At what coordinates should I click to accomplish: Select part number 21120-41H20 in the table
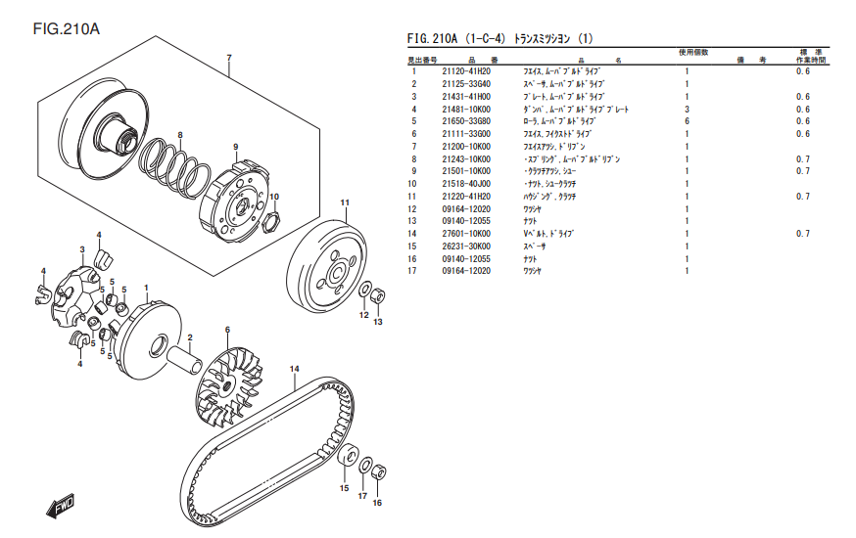point(465,71)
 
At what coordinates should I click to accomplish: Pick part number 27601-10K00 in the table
point(465,234)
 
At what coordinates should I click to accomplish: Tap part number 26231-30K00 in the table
point(465,247)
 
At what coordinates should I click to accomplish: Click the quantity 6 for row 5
point(687,121)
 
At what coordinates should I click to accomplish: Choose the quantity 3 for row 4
point(687,109)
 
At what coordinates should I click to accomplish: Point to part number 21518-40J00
point(465,184)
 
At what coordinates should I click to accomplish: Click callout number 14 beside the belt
point(293,368)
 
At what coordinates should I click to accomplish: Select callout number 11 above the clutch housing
point(345,202)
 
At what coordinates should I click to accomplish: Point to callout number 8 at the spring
point(180,134)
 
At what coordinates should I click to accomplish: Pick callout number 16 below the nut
point(377,503)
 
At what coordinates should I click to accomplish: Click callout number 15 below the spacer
point(344,487)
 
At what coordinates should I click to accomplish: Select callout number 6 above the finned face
point(226,331)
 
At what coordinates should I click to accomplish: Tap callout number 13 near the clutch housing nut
point(378,322)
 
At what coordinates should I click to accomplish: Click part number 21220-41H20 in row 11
point(465,197)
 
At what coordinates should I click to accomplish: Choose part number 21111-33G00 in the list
point(465,134)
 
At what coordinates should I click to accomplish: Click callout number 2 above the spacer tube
point(190,337)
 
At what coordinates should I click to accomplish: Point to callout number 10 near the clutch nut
point(274,197)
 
